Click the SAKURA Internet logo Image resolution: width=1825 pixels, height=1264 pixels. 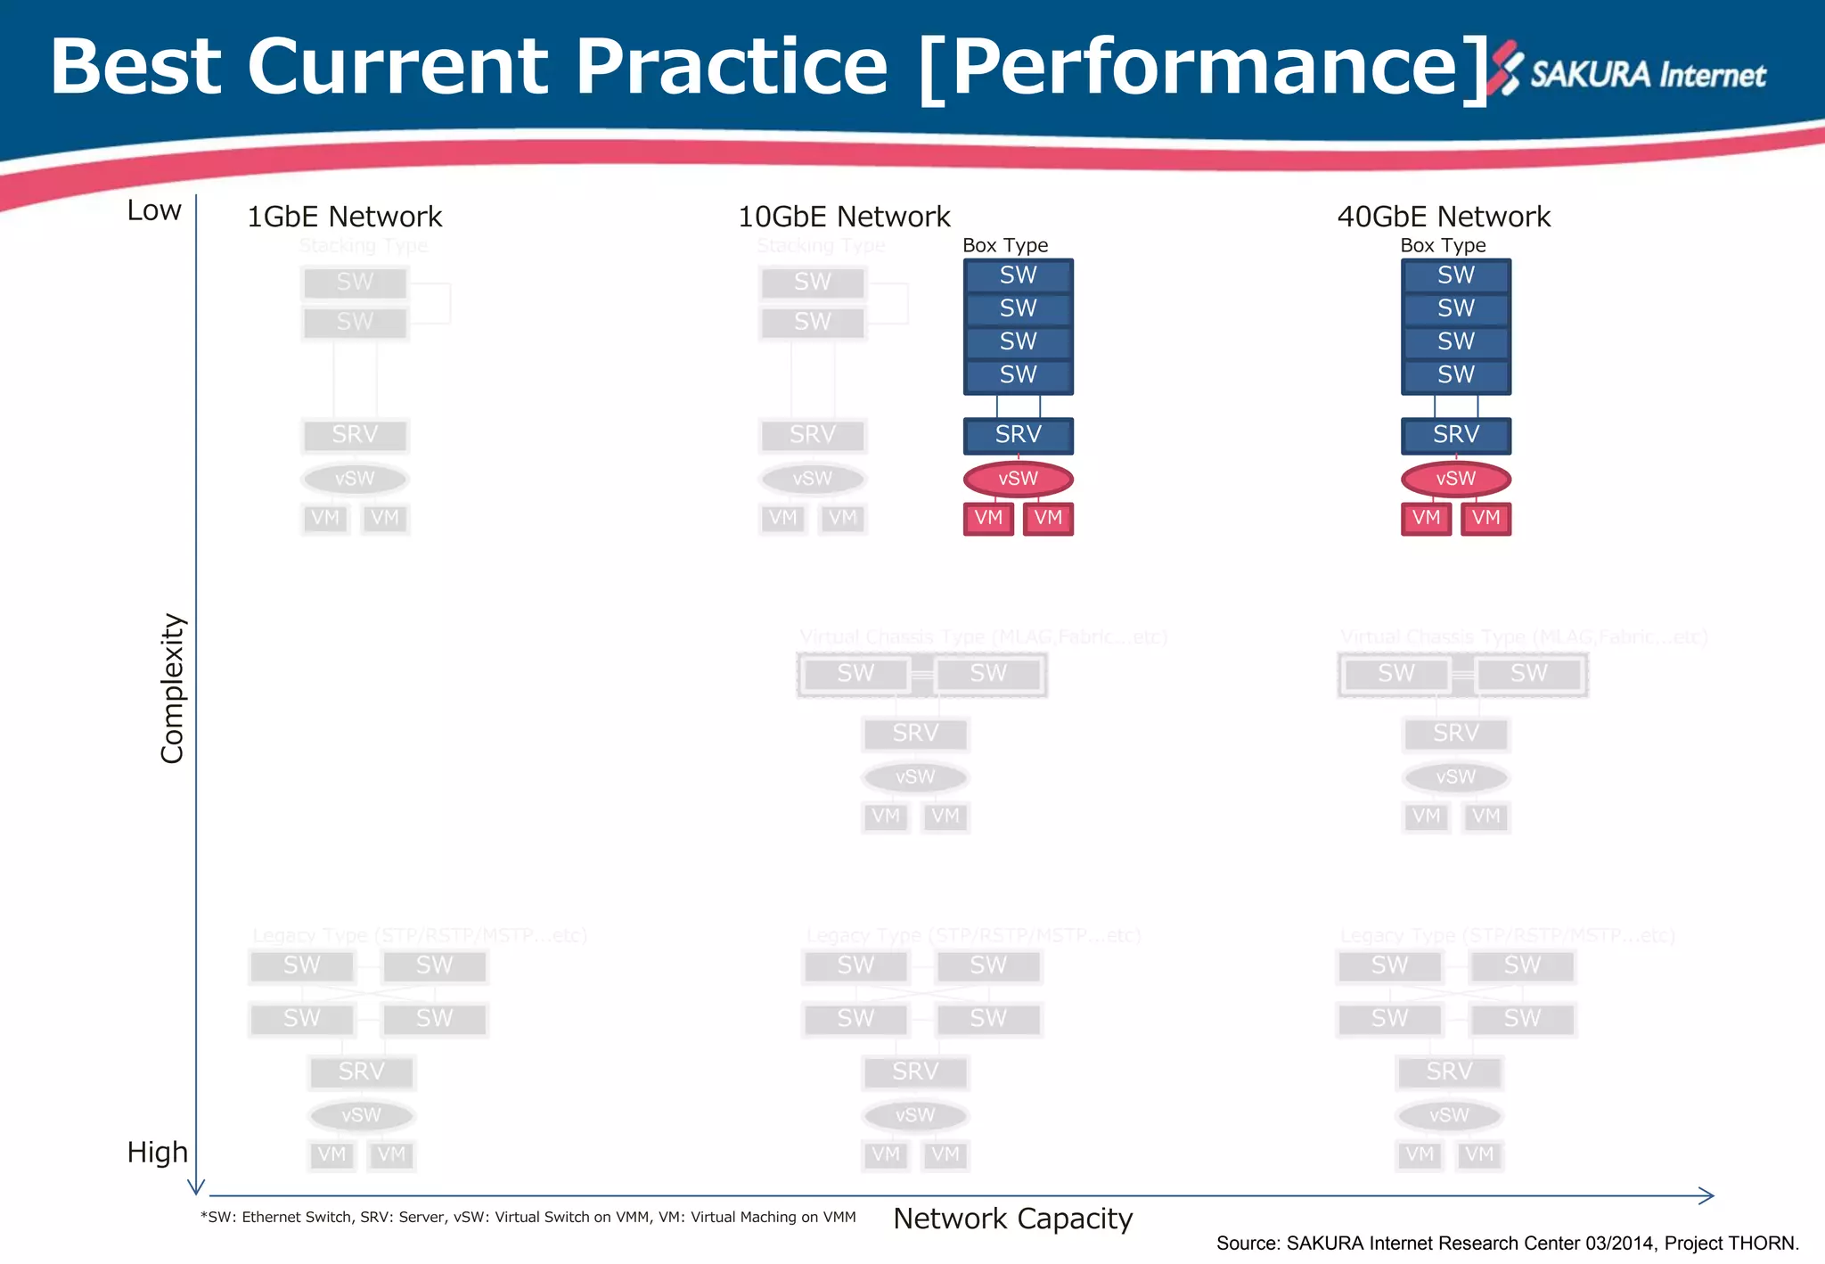point(1631,71)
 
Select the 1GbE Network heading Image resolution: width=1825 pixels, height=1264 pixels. point(344,217)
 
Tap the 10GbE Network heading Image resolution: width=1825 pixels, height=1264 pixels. point(844,217)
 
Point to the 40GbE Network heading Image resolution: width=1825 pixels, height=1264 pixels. point(1444,217)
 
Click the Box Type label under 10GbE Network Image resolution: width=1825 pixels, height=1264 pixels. point(1005,245)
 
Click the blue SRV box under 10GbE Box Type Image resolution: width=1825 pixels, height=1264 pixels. point(1018,435)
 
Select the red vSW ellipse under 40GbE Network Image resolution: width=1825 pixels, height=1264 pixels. point(1456,479)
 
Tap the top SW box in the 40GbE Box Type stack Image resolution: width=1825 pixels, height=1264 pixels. point(1456,275)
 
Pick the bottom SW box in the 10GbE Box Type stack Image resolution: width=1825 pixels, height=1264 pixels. point(1018,375)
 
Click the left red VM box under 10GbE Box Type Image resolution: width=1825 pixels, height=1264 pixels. point(988,518)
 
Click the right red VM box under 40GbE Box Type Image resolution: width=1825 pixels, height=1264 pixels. point(1485,518)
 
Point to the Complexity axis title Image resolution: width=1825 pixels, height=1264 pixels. point(172,688)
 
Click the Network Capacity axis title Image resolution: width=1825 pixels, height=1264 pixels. point(1012,1219)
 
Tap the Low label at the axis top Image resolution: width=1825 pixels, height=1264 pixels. point(154,210)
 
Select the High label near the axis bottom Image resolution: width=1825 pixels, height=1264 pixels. point(157,1153)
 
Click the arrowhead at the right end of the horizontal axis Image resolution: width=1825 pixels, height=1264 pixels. point(1706,1196)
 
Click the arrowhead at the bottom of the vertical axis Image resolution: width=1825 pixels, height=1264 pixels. point(196,1188)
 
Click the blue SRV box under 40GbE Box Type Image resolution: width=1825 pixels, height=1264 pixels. point(1456,435)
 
